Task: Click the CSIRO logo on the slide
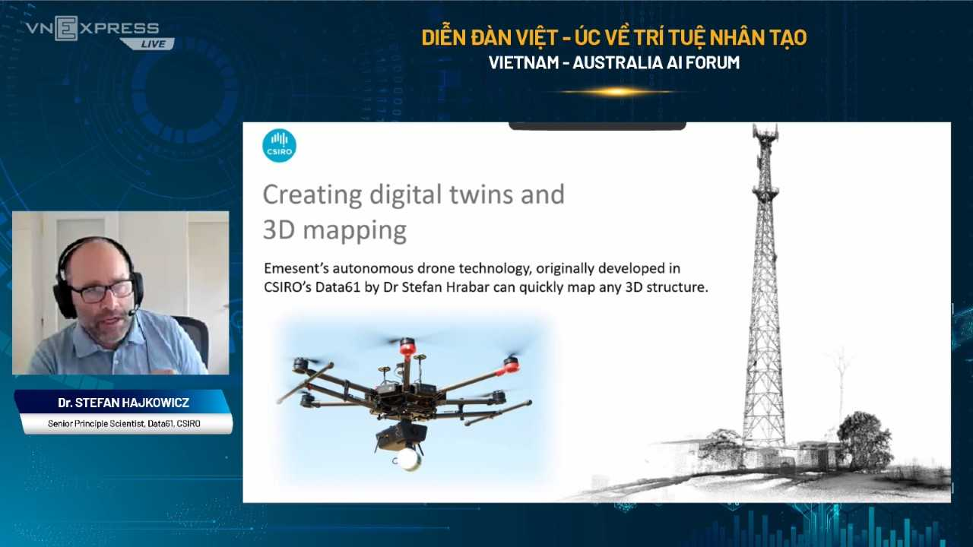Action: point(279,145)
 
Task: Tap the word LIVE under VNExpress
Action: point(154,44)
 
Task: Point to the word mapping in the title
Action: point(354,231)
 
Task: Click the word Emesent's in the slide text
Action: point(296,268)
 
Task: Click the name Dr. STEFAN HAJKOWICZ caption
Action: point(123,403)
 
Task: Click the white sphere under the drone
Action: point(408,459)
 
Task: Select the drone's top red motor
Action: point(407,346)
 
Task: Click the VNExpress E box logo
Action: point(66,28)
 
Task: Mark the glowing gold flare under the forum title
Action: point(616,92)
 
